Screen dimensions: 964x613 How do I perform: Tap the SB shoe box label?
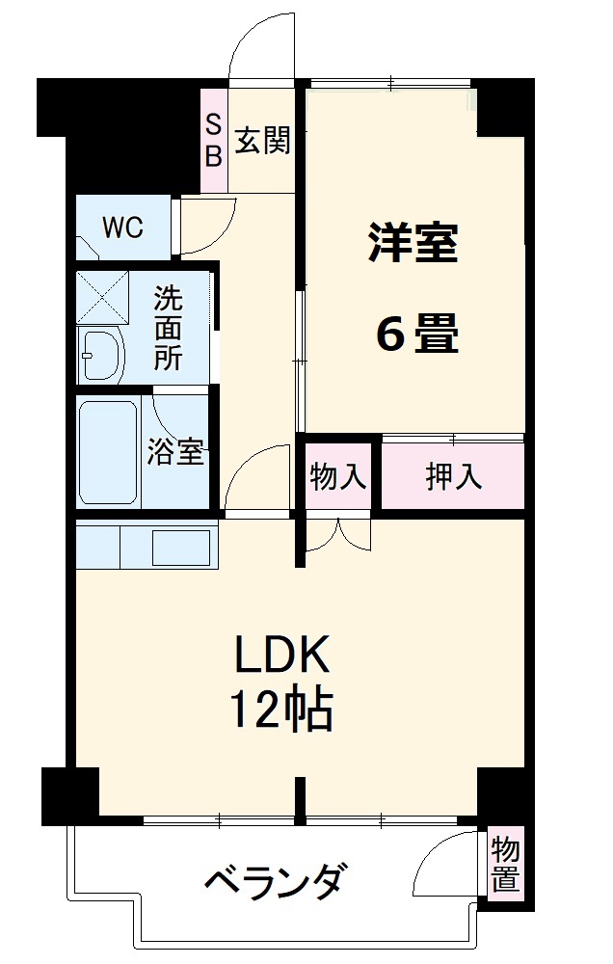[x=213, y=140]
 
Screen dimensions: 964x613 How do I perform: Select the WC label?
[x=123, y=228]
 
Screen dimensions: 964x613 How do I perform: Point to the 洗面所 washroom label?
[x=169, y=328]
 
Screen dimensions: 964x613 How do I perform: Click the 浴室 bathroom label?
[x=175, y=452]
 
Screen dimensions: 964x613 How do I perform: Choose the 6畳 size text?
[x=415, y=335]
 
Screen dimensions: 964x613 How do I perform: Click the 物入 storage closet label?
[x=338, y=476]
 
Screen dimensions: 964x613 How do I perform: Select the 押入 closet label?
[x=454, y=476]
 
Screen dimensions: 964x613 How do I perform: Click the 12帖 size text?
[x=280, y=711]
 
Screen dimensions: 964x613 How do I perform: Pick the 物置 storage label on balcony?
[x=505, y=865]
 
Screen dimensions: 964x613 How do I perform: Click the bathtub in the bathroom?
[x=107, y=452]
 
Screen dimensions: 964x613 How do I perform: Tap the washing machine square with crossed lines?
[x=103, y=298]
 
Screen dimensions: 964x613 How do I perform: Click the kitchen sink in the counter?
[x=181, y=547]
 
